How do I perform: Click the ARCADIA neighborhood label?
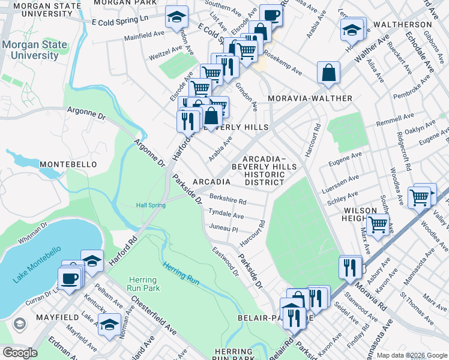pyautogui.click(x=211, y=182)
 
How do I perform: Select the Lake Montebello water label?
pyautogui.click(x=37, y=265)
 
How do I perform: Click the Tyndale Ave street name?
pyautogui.click(x=226, y=214)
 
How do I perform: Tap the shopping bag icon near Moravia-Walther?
pyautogui.click(x=328, y=74)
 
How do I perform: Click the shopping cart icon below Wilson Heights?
pyautogui.click(x=378, y=225)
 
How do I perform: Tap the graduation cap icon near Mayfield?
pyautogui.click(x=109, y=325)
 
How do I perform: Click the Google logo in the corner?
pyautogui.click(x=19, y=353)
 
